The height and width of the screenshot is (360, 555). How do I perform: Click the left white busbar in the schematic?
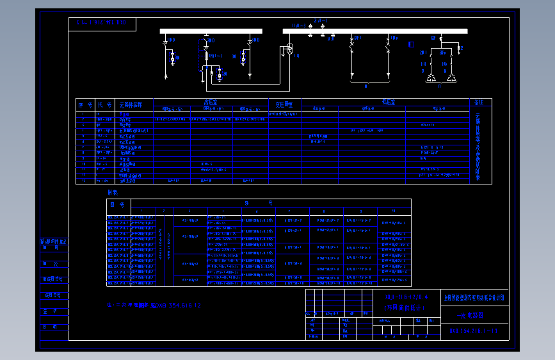tap(211, 31)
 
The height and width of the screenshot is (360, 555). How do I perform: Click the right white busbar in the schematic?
tap(375, 31)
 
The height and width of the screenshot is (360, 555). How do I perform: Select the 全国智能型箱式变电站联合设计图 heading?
tap(474, 298)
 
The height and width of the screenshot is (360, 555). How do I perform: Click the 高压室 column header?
tap(211, 101)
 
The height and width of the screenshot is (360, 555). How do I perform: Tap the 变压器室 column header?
tap(284, 104)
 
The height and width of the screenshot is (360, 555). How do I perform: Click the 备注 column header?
tap(478, 102)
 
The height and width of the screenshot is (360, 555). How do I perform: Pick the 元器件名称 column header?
tap(131, 104)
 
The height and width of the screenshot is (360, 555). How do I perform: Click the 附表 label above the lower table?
tap(112, 192)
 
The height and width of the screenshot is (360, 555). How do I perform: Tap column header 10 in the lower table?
tap(394, 211)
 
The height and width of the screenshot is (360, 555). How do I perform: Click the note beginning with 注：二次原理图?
tap(154, 306)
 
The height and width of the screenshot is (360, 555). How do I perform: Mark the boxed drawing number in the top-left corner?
tap(101, 23)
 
